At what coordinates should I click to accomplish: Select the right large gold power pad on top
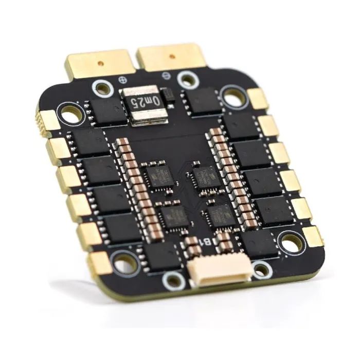point(171,57)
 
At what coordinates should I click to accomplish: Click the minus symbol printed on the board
point(165,76)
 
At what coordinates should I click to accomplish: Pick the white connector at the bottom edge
point(220,271)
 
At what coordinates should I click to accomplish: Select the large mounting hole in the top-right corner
point(234,96)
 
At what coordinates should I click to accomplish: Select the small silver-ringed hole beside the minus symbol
point(188,80)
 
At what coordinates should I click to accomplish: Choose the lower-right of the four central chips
point(222,215)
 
